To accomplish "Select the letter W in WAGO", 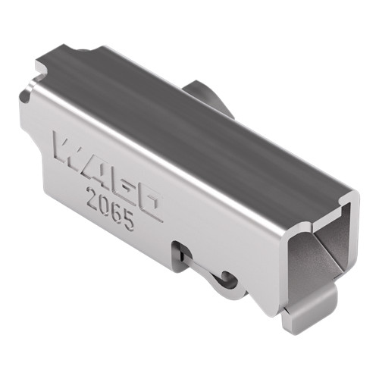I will [69, 149].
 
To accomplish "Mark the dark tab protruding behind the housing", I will [208, 95].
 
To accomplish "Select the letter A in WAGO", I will [94, 164].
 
